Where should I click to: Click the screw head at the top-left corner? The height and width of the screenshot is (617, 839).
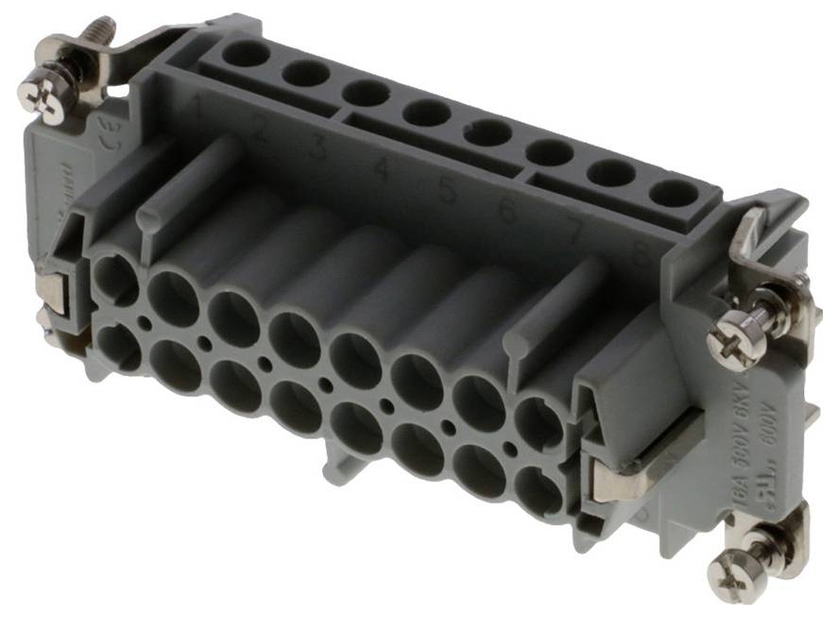point(42,97)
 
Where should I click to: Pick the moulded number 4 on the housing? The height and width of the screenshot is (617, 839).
point(382,171)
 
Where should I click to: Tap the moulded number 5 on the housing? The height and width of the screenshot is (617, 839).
point(447,190)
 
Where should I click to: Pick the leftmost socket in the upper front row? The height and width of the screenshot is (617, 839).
point(115,281)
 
